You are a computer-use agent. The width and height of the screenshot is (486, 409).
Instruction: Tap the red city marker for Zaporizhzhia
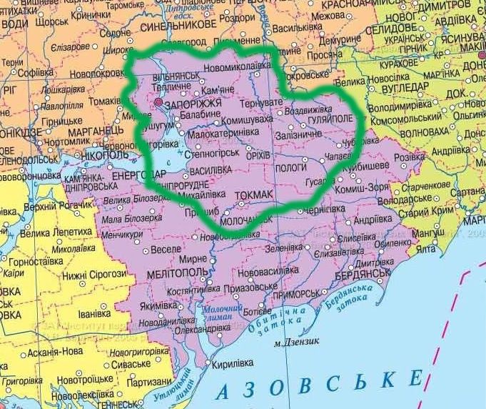click(158, 102)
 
